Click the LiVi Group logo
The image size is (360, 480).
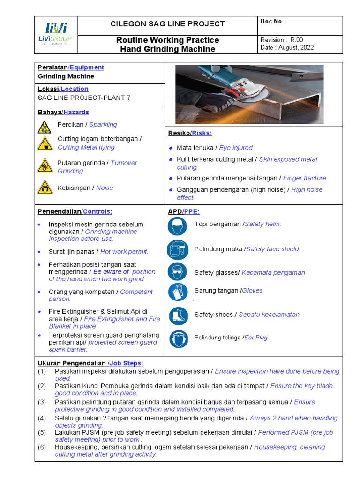(56, 34)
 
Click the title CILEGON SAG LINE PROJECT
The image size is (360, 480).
(167, 24)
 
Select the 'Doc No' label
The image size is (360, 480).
(271, 22)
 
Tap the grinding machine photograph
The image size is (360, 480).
(249, 94)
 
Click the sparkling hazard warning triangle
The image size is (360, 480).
(45, 127)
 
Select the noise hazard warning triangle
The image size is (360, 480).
(45, 187)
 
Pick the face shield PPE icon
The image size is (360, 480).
(178, 250)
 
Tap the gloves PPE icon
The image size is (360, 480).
(178, 292)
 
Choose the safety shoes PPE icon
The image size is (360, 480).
(178, 315)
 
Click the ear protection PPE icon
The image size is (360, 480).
(178, 338)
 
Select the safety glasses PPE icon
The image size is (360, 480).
(178, 272)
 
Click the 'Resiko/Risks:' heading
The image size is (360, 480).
(190, 133)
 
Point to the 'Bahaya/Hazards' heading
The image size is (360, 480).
(63, 112)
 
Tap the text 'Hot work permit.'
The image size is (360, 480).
(124, 252)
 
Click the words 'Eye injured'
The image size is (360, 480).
(236, 148)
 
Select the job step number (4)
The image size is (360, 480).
(42, 418)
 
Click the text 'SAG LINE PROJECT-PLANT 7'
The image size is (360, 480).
(84, 97)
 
